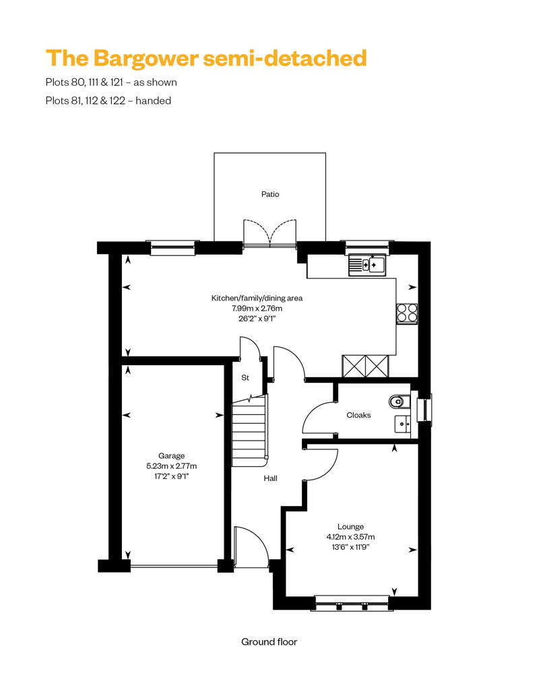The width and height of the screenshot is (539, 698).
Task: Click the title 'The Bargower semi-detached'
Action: click(x=206, y=58)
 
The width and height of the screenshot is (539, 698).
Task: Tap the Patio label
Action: click(x=270, y=194)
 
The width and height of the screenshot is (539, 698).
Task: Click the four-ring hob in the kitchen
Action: click(x=406, y=313)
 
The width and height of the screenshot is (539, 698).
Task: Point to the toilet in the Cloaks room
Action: click(x=400, y=402)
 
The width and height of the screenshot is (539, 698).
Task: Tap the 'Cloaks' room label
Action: click(x=358, y=415)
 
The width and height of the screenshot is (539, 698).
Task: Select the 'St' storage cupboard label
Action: click(x=245, y=378)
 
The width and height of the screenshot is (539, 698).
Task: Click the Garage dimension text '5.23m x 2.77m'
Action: click(x=172, y=466)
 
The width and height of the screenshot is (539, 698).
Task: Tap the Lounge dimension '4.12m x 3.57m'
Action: click(x=350, y=537)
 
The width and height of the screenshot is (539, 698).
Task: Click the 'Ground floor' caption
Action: click(x=269, y=641)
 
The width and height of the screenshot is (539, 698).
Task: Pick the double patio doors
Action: click(x=269, y=232)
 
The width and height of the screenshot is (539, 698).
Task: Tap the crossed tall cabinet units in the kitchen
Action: click(x=366, y=366)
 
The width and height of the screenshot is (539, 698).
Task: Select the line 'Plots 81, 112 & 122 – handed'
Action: click(x=108, y=100)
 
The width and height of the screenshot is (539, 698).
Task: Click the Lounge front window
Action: click(x=352, y=602)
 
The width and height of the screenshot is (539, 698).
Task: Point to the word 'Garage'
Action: click(x=171, y=455)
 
